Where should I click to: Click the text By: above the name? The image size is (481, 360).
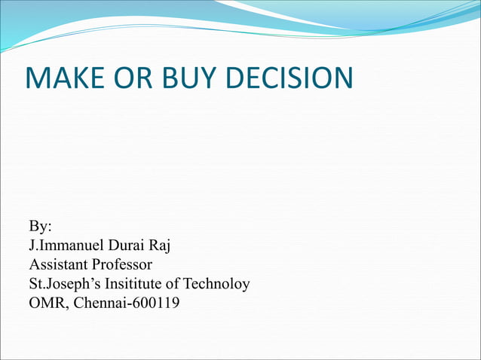click(x=40, y=226)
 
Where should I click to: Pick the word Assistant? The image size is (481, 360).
click(x=58, y=265)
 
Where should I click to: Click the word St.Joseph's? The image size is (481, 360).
click(x=63, y=285)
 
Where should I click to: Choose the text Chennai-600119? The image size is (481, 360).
click(x=125, y=304)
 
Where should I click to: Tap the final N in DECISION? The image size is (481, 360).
click(x=342, y=78)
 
